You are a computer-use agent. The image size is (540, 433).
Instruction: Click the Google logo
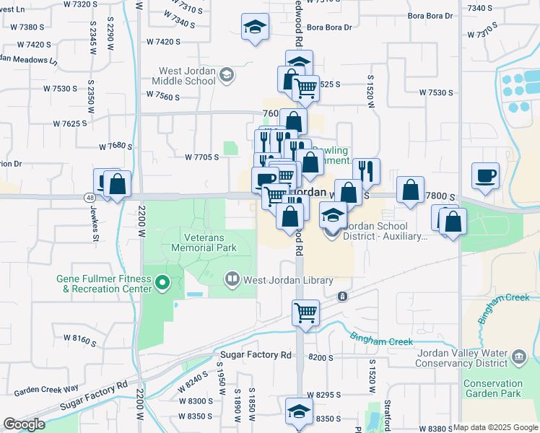pyautogui.click(x=24, y=424)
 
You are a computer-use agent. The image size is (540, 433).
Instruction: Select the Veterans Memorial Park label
pyautogui.click(x=204, y=242)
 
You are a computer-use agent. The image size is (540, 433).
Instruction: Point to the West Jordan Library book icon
pyautogui.click(x=232, y=279)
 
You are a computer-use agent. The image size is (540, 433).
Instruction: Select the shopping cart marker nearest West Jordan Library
pyautogui.click(x=305, y=313)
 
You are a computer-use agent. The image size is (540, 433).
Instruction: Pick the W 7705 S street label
pyautogui.click(x=201, y=157)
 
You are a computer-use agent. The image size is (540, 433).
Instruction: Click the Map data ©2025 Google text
pyautogui.click(x=495, y=427)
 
